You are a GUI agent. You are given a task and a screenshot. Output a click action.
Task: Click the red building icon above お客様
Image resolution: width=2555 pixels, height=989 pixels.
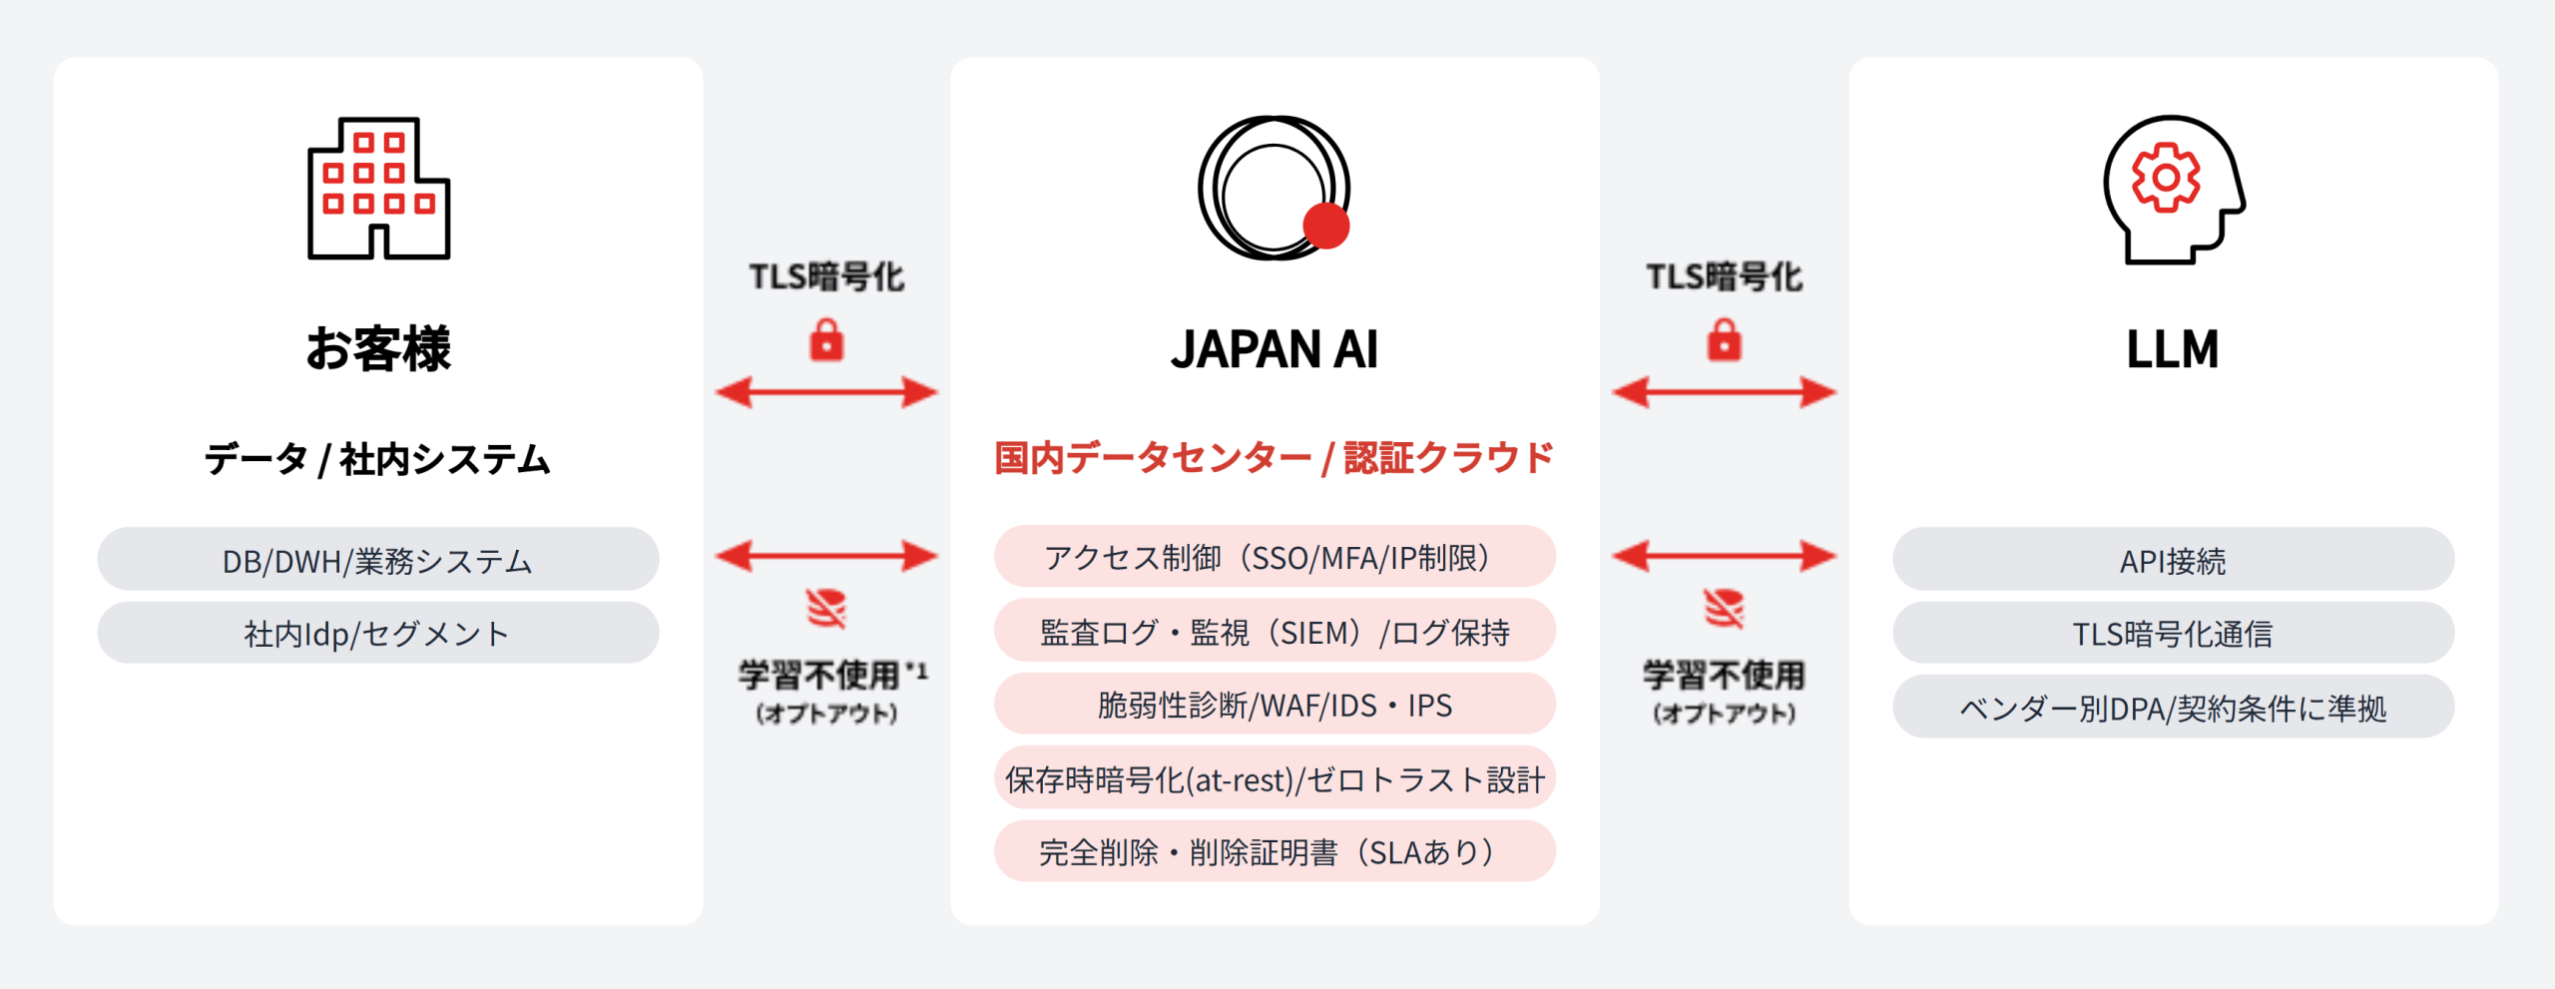click(378, 189)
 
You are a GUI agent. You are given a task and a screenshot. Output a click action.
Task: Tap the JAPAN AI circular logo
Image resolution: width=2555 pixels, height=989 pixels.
click(1275, 189)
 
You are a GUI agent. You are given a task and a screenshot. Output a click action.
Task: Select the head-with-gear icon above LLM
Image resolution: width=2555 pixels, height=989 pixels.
click(2173, 190)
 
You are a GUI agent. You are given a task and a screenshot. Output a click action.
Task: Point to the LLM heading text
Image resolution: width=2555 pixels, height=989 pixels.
click(2173, 349)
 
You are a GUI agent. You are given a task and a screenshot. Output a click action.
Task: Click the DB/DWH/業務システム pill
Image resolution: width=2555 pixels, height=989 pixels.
click(378, 560)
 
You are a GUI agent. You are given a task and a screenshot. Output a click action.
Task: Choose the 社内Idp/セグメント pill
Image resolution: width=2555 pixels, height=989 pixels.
click(378, 633)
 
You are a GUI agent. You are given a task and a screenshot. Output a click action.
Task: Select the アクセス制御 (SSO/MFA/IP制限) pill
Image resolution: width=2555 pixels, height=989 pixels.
click(1275, 557)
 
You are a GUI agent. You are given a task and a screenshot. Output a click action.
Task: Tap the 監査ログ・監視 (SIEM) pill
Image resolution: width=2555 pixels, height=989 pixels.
click(1275, 631)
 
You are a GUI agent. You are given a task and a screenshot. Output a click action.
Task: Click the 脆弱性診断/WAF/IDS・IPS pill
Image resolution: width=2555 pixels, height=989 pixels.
click(1275, 705)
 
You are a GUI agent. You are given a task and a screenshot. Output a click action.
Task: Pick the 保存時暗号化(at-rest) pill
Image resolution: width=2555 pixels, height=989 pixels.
click(1275, 778)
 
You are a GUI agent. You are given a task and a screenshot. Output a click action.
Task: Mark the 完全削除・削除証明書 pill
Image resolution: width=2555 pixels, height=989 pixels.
click(1275, 852)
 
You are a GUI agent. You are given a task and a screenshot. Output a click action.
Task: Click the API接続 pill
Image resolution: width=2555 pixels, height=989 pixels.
click(2173, 560)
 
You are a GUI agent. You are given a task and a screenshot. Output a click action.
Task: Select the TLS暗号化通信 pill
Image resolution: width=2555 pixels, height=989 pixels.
click(2173, 633)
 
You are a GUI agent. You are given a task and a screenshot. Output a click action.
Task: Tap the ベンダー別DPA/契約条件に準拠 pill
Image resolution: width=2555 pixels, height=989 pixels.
click(2173, 708)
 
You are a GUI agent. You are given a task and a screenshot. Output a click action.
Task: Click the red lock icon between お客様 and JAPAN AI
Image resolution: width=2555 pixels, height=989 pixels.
click(826, 340)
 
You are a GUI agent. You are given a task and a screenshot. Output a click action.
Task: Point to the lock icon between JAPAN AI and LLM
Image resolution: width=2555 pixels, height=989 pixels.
click(1724, 340)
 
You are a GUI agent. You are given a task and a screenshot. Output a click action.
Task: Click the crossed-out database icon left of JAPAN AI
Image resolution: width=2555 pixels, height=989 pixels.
click(826, 608)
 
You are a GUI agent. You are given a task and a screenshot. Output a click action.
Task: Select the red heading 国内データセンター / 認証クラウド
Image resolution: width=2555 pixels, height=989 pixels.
click(1275, 458)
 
